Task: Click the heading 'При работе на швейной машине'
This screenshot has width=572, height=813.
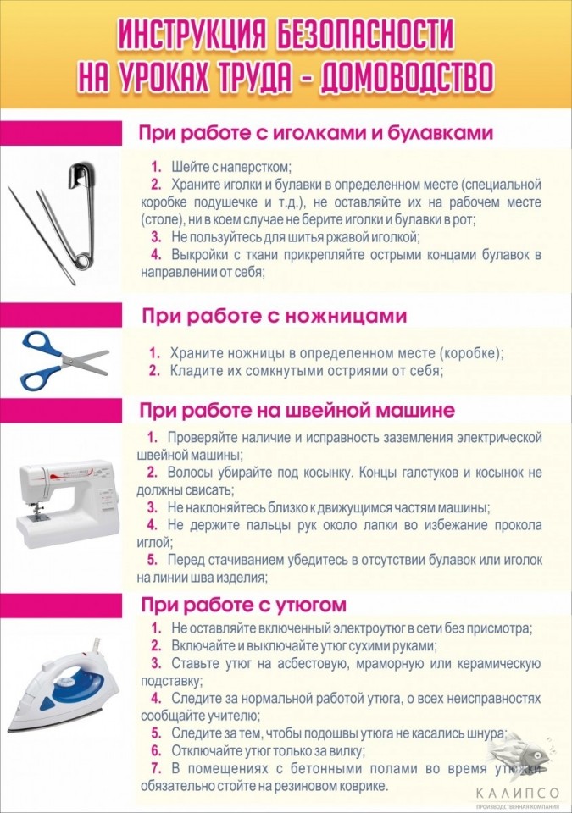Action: (x=297, y=410)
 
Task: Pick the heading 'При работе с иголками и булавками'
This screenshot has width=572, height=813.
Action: (x=316, y=133)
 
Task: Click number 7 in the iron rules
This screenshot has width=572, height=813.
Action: (x=155, y=767)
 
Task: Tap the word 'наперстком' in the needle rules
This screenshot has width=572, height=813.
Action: (x=252, y=167)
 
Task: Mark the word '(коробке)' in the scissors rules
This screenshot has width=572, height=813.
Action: (x=466, y=352)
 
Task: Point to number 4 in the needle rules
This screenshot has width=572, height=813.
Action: (x=155, y=254)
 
